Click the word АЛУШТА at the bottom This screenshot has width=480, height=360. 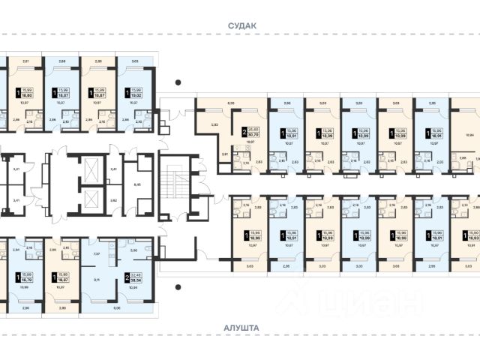(x=241, y=328)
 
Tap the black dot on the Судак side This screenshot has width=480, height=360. (x=178, y=82)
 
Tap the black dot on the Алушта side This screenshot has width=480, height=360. (x=178, y=286)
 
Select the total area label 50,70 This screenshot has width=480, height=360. (x=253, y=135)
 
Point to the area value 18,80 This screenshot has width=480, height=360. (x=27, y=95)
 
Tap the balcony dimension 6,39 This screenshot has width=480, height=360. (x=231, y=103)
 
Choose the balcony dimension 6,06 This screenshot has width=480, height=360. (x=116, y=308)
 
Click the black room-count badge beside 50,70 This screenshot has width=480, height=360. (x=244, y=133)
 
